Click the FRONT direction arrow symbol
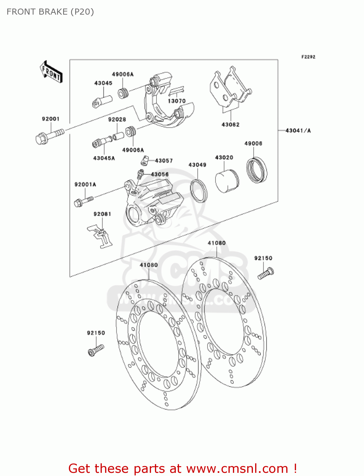(51, 72)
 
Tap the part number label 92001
(51, 119)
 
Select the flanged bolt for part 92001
(49, 136)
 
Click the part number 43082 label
(230, 125)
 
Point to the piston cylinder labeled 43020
(227, 181)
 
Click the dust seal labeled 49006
(256, 170)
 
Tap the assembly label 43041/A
(298, 130)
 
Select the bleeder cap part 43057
(145, 161)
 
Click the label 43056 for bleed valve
(160, 174)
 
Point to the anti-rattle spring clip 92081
(100, 236)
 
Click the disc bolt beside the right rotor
(266, 274)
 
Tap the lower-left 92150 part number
(96, 333)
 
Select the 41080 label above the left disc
(149, 265)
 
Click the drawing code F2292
(308, 57)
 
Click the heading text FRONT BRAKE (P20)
(50, 12)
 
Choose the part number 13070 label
(176, 101)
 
